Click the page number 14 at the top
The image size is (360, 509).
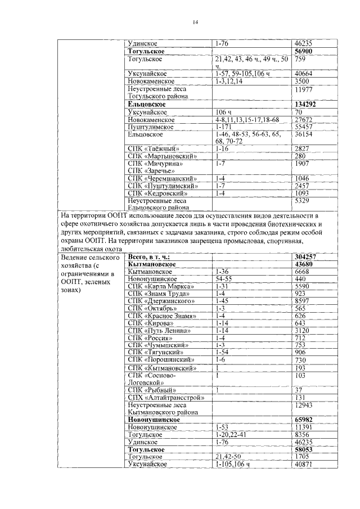click(x=195, y=22)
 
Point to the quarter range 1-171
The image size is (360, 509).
click(x=222, y=128)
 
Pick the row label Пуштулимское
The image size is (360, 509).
click(x=148, y=128)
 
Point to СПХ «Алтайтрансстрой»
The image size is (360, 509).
click(x=165, y=397)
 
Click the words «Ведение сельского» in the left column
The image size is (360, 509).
click(x=90, y=256)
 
